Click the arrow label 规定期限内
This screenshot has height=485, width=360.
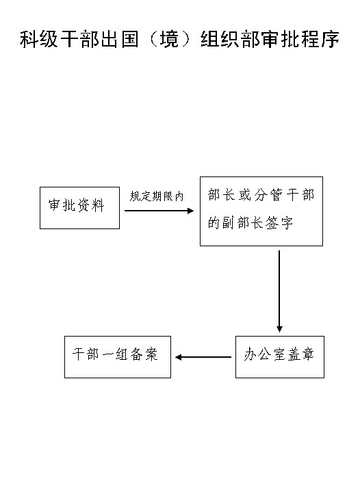[157, 196]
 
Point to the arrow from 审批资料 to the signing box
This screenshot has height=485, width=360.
[159, 211]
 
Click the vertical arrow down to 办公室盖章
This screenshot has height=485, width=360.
[279, 291]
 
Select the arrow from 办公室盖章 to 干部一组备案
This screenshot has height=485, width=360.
[203, 357]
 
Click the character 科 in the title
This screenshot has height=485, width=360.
[29, 39]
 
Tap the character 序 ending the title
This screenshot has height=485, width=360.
[330, 39]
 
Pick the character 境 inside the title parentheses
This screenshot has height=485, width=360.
[169, 39]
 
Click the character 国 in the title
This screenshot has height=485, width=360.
[130, 39]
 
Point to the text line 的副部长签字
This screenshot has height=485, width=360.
[250, 223]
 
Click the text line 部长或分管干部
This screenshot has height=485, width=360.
[261, 195]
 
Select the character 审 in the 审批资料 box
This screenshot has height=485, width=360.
[55, 205]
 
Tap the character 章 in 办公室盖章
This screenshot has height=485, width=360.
[307, 354]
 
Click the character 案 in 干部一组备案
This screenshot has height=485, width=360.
[151, 354]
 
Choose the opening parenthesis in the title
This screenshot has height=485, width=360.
[153, 39]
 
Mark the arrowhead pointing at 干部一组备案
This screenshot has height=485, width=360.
[178, 357]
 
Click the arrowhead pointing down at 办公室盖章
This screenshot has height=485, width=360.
[279, 329]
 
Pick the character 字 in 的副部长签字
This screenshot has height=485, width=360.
[286, 223]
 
